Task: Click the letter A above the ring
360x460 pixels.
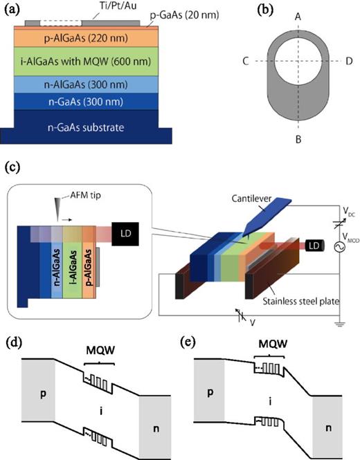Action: tap(297, 16)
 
